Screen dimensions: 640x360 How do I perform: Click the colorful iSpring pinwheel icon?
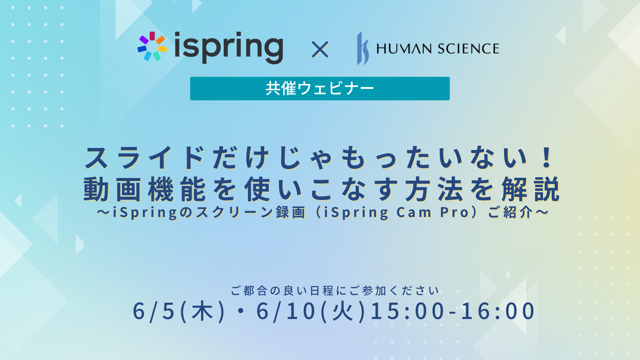click(152, 46)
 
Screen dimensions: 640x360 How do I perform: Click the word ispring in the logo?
click(229, 47)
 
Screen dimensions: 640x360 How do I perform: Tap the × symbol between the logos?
click(320, 50)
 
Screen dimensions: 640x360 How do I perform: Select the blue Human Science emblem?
click(363, 48)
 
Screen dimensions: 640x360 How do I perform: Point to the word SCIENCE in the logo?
click(468, 49)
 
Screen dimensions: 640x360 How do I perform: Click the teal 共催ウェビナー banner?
click(320, 88)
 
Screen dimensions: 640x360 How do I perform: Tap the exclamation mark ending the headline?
click(547, 157)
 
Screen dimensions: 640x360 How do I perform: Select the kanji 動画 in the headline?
click(112, 189)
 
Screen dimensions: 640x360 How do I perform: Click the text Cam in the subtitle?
click(414, 212)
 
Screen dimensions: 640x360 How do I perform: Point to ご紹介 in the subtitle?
click(510, 212)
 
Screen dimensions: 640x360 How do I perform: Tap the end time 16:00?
click(498, 311)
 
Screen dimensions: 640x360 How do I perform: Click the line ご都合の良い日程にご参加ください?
click(335, 291)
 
